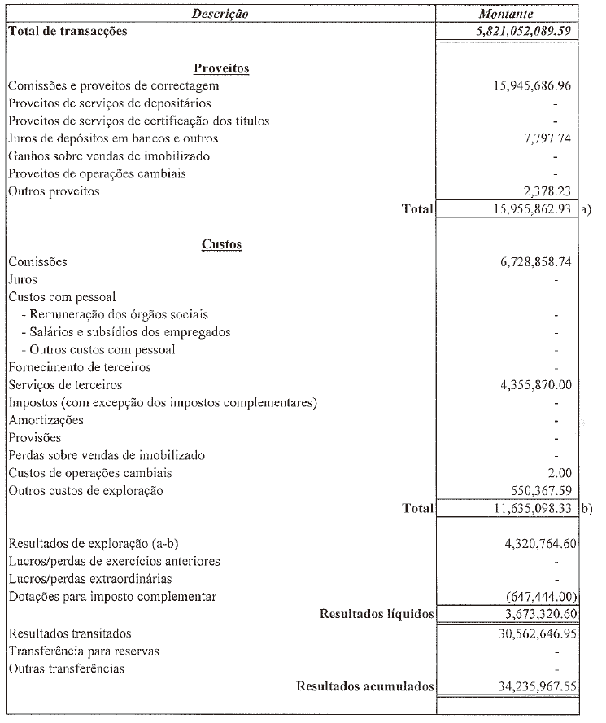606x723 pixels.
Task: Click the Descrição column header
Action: coord(220,14)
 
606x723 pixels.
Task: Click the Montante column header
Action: coord(506,14)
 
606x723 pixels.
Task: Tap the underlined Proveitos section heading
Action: coord(221,68)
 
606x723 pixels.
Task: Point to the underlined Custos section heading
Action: coord(221,244)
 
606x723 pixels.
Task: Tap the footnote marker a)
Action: coord(586,210)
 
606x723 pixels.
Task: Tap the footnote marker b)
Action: coord(586,509)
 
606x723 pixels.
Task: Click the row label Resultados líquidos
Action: coord(377,614)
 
